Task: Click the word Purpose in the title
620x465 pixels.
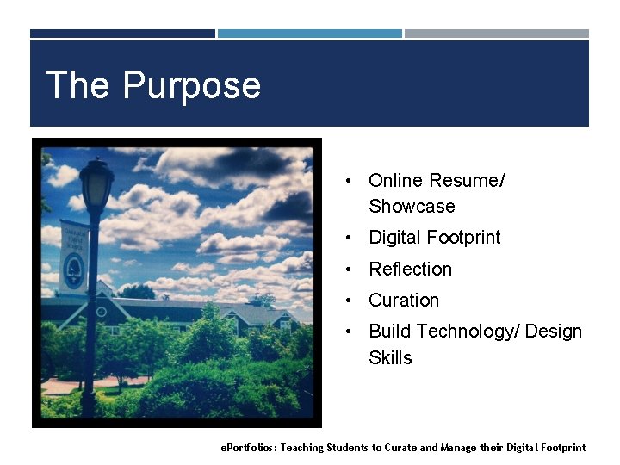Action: click(x=191, y=86)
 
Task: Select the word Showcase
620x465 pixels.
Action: click(x=412, y=207)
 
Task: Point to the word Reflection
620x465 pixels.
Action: click(x=410, y=270)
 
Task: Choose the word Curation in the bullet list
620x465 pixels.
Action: click(x=404, y=301)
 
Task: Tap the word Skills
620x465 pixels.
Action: click(x=390, y=358)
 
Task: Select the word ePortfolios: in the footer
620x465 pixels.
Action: click(x=249, y=448)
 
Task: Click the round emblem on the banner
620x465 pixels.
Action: click(x=74, y=270)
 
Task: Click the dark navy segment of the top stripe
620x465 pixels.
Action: click(x=122, y=34)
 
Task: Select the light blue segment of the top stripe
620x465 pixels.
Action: click(x=309, y=34)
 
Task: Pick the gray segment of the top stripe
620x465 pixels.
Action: click(x=497, y=34)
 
